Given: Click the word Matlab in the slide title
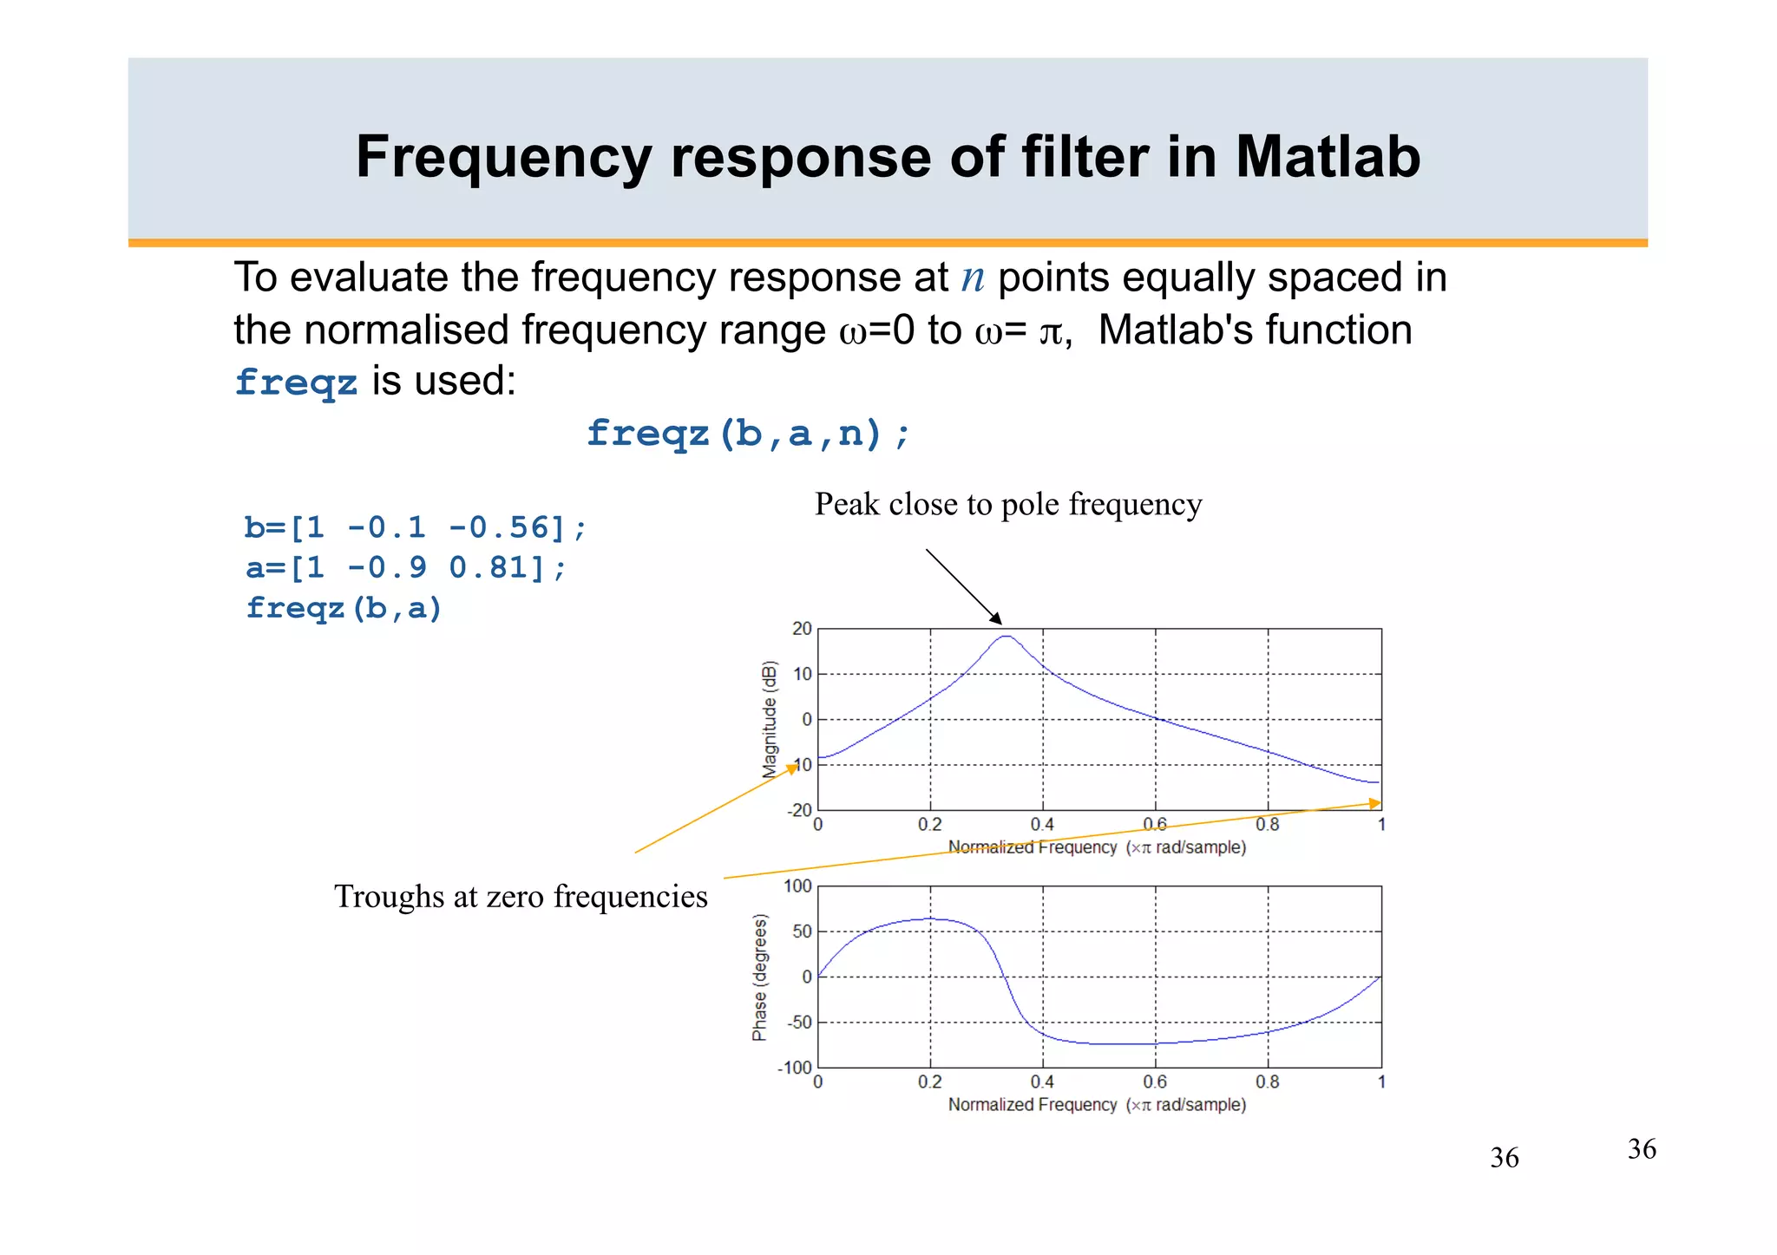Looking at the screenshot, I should pyautogui.click(x=1328, y=158).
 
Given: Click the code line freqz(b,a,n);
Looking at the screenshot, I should pyautogui.click(x=748, y=433).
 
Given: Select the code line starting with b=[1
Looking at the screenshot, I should pyautogui.click(x=415, y=527).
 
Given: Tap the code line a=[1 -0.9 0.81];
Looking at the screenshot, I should pyautogui.click(x=406, y=568).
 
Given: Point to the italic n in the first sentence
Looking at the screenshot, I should pyautogui.click(x=973, y=278).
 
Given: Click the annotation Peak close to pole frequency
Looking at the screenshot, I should pyautogui.click(x=1007, y=505).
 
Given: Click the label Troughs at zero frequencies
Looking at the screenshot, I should pyautogui.click(x=521, y=897).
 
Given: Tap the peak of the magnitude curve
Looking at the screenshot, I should pyautogui.click(x=1005, y=637).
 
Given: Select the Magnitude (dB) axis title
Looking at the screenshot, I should pyautogui.click(x=770, y=719).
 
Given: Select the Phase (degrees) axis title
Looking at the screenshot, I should pyautogui.click(x=759, y=977).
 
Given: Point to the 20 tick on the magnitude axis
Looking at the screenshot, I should pyautogui.click(x=801, y=629).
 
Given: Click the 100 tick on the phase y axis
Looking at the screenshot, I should pyautogui.click(x=797, y=886).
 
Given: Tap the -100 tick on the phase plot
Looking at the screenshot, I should pyautogui.click(x=795, y=1068).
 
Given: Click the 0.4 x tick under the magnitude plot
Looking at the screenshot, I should pyautogui.click(x=1042, y=825).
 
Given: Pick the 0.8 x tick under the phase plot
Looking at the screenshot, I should pyautogui.click(x=1267, y=1082).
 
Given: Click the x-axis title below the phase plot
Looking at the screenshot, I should pyautogui.click(x=1097, y=1105).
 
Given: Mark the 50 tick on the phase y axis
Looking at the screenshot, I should pyautogui.click(x=801, y=931).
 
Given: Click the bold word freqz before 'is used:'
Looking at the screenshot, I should pyautogui.click(x=296, y=382).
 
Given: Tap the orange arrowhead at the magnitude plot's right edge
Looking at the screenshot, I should pyautogui.click(x=1375, y=803).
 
